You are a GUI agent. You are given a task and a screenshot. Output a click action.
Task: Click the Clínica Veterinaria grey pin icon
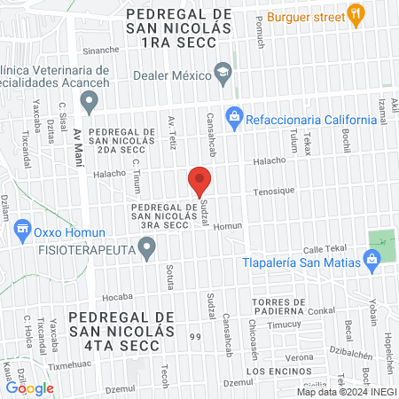tap(89, 103)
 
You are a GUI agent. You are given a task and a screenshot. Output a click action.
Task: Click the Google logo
tap(29, 387)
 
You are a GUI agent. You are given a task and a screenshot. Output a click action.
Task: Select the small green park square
tap(382, 240)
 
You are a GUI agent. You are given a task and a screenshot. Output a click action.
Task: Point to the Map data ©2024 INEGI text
tap(346, 391)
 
